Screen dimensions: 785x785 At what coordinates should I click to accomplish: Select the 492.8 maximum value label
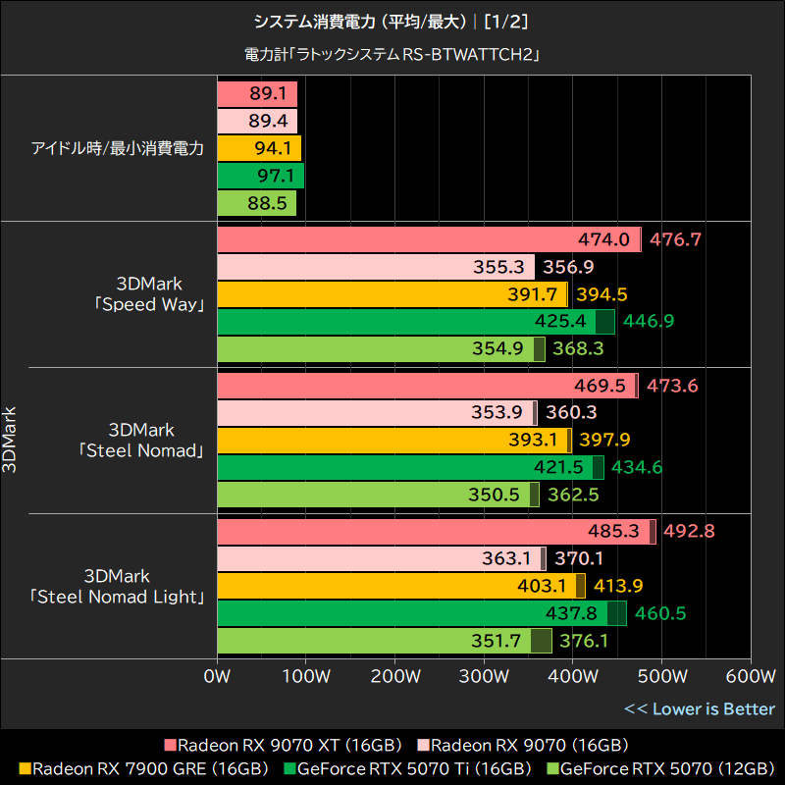tap(689, 532)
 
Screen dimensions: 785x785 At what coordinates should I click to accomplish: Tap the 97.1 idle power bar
tap(260, 176)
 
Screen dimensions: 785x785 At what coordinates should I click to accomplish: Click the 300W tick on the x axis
tap(484, 676)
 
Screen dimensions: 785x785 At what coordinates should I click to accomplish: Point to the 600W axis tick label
tap(750, 676)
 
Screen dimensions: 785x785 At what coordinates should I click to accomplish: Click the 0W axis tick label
tap(217, 676)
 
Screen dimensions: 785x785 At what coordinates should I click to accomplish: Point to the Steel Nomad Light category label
tap(117, 586)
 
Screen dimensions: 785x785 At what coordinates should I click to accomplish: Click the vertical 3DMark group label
tap(11, 441)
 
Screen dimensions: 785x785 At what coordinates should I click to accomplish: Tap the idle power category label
tap(117, 149)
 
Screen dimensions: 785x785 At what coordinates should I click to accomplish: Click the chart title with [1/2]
tap(392, 21)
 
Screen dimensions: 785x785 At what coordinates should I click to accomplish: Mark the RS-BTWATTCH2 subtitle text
tap(392, 55)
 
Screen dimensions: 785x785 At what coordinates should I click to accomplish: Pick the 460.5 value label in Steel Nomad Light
tap(660, 614)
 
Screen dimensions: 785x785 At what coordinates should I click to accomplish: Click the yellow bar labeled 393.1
tap(392, 441)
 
